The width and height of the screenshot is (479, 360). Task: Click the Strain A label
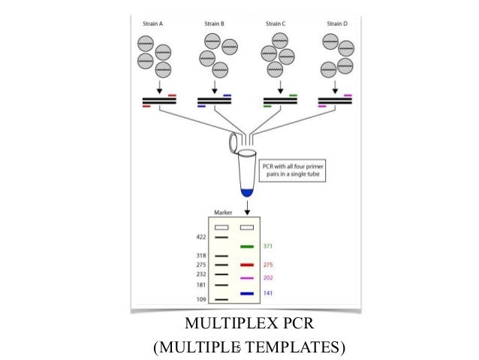pos(153,23)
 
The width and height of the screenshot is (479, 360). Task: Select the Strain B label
pos(213,23)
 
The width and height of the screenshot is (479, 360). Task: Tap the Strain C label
pos(274,23)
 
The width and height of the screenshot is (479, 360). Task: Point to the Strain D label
pos(336,23)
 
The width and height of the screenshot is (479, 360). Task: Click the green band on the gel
pos(245,246)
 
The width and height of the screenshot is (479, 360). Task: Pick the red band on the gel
pos(245,265)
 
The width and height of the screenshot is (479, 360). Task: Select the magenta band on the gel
pos(245,278)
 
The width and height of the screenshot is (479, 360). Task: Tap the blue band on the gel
pos(245,293)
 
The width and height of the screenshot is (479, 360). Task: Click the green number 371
pos(268,246)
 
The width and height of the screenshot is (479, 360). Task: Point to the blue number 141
pos(268,293)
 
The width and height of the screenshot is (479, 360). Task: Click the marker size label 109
pos(201,300)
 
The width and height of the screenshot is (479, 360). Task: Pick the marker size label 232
pos(201,275)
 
